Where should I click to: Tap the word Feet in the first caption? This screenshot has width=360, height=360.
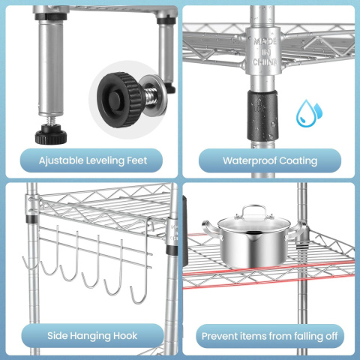coord(137,160)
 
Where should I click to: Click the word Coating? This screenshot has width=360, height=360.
coord(298,161)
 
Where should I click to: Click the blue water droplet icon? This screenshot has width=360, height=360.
coord(308,113)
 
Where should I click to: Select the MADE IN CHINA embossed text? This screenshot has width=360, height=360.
coord(265,52)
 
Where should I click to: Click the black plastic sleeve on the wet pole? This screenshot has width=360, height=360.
coord(262,115)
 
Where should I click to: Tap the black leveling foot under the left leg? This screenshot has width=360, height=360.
coord(51,135)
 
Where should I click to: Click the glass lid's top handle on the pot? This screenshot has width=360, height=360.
coord(254,211)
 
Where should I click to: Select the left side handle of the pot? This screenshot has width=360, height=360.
coord(211,229)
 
